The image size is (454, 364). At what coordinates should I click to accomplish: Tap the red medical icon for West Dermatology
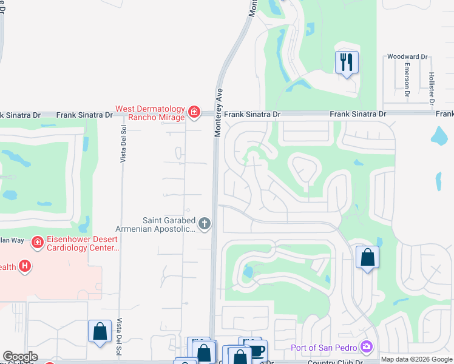[x=194, y=111]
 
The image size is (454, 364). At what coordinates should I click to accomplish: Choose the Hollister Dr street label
[x=431, y=79]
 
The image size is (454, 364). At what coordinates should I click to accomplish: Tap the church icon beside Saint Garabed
[x=205, y=224]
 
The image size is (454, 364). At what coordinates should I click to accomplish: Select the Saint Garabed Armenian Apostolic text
[x=169, y=224]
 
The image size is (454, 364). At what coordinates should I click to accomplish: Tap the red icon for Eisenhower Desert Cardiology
[x=38, y=243]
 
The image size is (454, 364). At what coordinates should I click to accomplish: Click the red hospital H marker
[x=25, y=266]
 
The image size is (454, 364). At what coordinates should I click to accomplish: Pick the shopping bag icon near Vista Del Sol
[x=100, y=331]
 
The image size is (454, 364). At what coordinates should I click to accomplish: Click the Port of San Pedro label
[x=325, y=347]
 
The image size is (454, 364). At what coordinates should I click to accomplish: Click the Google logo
[x=20, y=357]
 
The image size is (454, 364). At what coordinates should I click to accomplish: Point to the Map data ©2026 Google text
[x=416, y=359]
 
